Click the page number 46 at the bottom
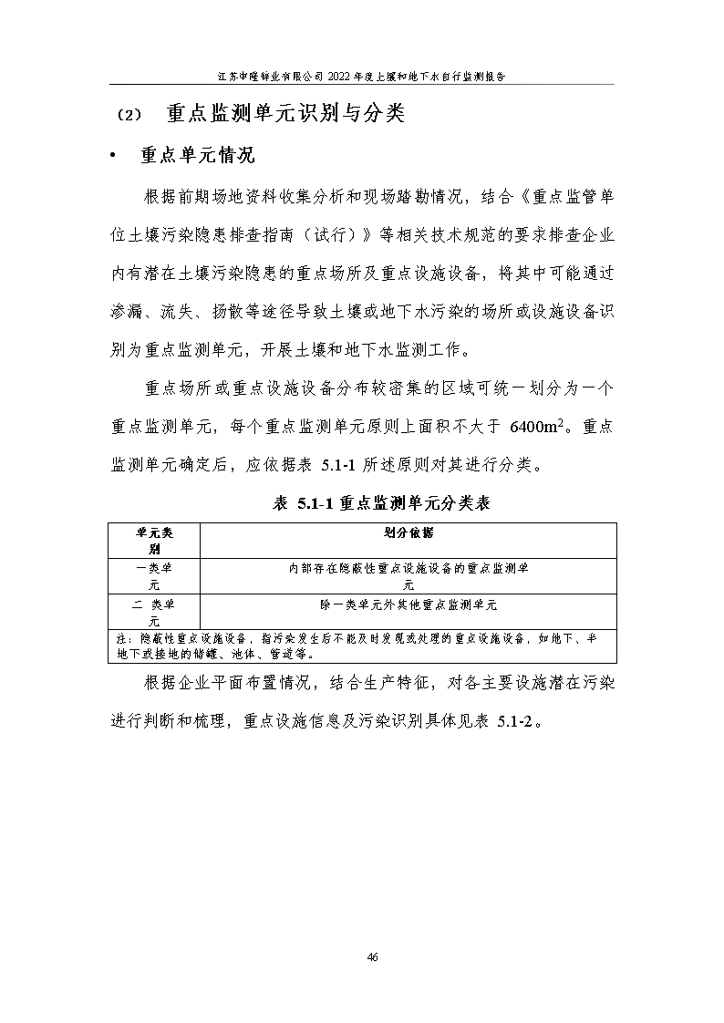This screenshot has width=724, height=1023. [372, 956]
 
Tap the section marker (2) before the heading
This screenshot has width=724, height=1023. [129, 116]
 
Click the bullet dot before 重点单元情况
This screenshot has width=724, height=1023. [112, 156]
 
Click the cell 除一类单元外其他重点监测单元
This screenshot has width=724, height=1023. [408, 604]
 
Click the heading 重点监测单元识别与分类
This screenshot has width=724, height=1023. [285, 114]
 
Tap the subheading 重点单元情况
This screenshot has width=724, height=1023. [196, 155]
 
